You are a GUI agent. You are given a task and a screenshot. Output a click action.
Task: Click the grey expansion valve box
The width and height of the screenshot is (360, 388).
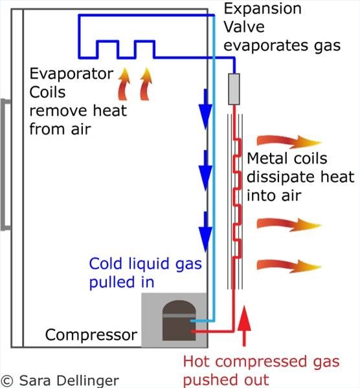coord(234,89)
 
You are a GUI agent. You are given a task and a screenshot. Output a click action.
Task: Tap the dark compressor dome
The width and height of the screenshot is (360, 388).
coord(179,321)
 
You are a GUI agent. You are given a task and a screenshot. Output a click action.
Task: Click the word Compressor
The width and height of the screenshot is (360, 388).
coord(91,335)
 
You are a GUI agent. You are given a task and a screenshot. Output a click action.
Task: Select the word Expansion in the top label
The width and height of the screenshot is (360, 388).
coord(263,10)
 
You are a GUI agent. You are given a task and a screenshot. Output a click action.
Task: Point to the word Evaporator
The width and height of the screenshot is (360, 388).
coord(71,74)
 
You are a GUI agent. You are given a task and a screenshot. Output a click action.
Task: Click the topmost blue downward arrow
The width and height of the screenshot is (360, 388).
coord(205,109)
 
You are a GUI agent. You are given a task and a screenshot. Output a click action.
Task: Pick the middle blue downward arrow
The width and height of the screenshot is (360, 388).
coord(205,171)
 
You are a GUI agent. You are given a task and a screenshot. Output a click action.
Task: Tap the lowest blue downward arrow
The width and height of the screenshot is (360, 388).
coord(205,232)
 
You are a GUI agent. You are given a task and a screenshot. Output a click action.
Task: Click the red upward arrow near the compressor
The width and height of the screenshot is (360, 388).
coord(244,326)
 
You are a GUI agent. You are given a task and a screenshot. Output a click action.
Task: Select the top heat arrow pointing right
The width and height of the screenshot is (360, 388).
coord(289,142)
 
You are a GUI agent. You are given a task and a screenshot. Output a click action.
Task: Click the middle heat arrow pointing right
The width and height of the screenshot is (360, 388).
coord(289,224)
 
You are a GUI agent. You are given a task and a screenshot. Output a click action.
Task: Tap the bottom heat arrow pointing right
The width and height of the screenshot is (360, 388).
coord(289,266)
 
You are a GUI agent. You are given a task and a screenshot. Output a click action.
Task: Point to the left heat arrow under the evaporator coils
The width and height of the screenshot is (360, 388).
coord(124,84)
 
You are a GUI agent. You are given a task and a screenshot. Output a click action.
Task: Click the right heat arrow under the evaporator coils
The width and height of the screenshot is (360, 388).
coord(146,84)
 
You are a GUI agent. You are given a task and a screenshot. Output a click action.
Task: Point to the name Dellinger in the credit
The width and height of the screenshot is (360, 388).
coord(88,381)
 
